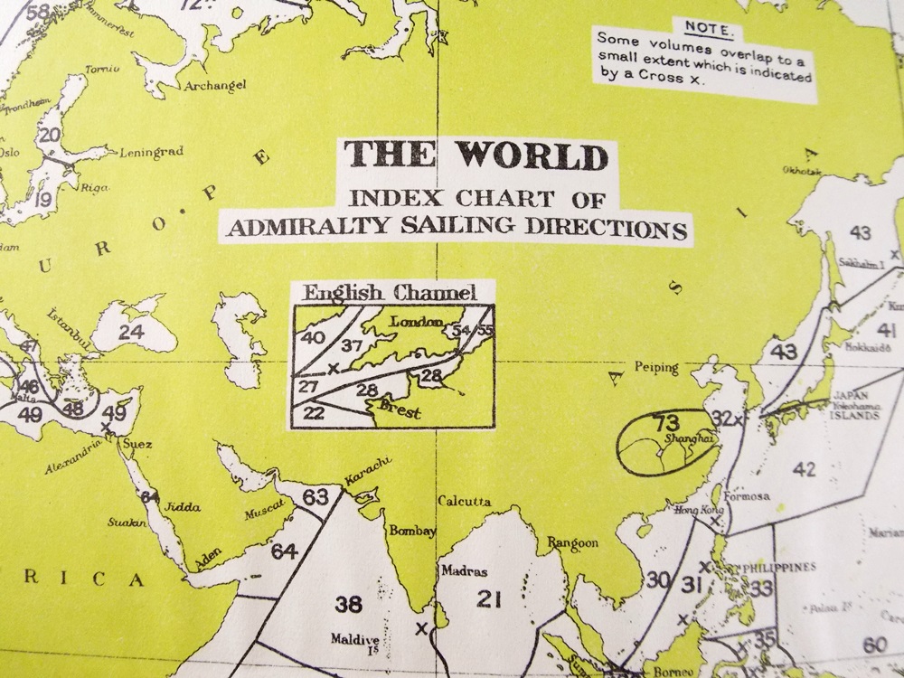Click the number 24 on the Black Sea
click(131, 332)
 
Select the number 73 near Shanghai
click(667, 422)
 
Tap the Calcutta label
click(464, 501)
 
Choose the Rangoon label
click(572, 543)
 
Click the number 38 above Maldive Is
click(348, 604)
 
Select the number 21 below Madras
click(488, 598)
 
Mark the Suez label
click(137, 443)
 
